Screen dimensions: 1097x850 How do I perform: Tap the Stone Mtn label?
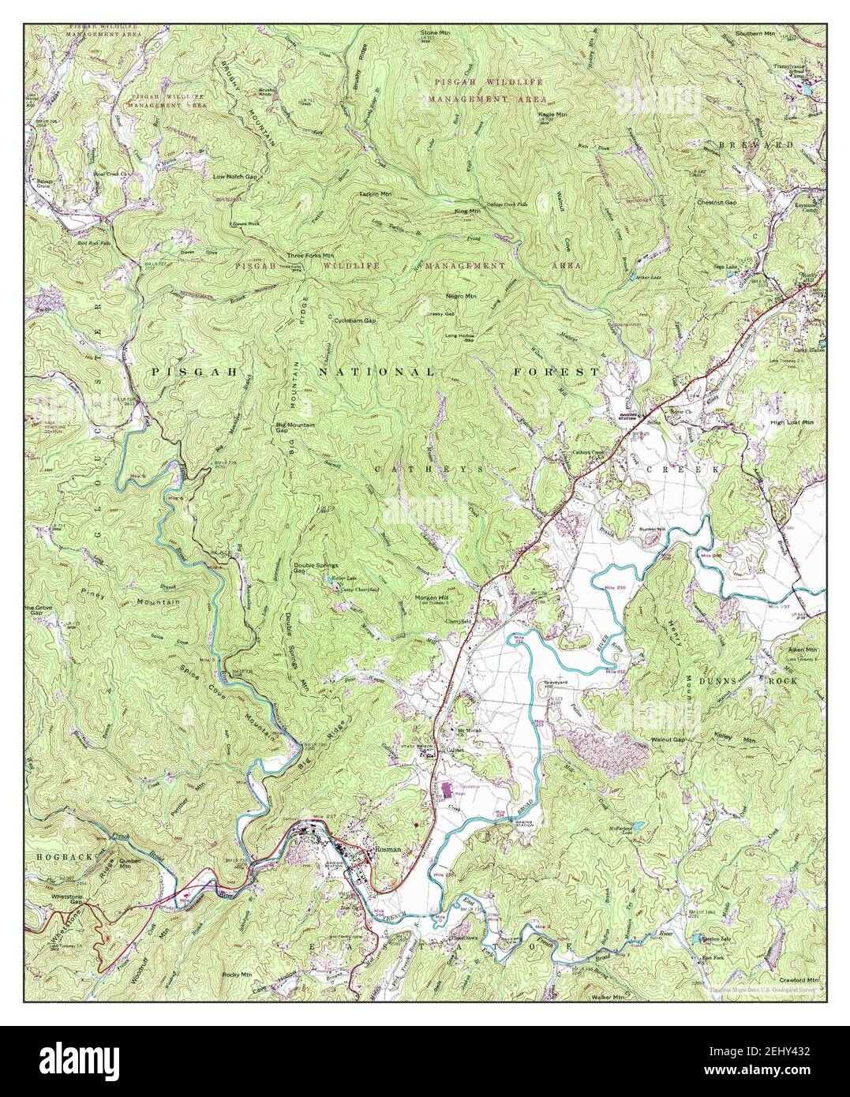432,33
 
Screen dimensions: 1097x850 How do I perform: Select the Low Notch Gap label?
235,176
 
